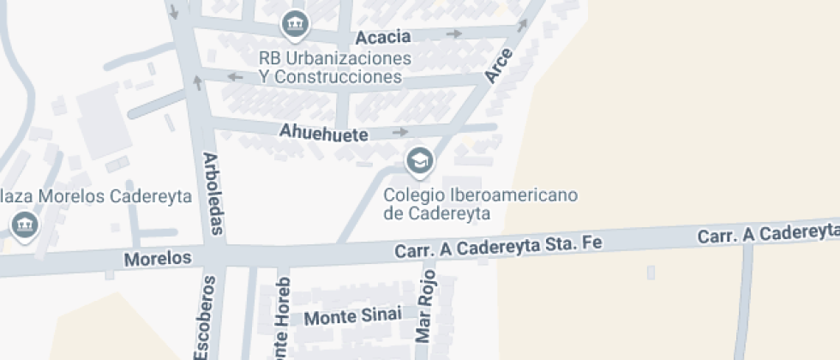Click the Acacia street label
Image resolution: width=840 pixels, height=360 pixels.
coord(383,37)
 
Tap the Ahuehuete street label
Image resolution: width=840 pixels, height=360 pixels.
coord(324,134)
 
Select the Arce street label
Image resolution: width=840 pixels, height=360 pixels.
coord(498,66)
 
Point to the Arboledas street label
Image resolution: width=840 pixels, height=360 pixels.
coord(213,194)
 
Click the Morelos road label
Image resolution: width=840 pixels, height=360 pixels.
coord(158,258)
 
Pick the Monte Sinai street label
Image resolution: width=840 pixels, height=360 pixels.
coord(353,316)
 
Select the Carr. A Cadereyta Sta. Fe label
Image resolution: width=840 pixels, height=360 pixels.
coord(499,246)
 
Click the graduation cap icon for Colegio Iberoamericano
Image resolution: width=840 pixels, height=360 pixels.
coord(419,160)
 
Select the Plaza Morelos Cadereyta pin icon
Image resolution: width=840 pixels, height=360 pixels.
coord(23,225)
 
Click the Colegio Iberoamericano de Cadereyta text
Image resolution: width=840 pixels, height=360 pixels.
coord(480,204)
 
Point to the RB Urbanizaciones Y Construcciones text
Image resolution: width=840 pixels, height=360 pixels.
coord(335,68)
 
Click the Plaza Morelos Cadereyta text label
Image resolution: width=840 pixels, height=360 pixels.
coord(95,195)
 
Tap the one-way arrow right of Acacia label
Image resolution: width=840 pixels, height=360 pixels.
coord(454,34)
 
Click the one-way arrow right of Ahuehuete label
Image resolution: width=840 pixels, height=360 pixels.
coord(400,132)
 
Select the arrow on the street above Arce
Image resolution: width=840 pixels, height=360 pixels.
coord(522,27)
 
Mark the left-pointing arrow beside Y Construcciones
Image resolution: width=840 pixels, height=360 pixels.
coord(234,77)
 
